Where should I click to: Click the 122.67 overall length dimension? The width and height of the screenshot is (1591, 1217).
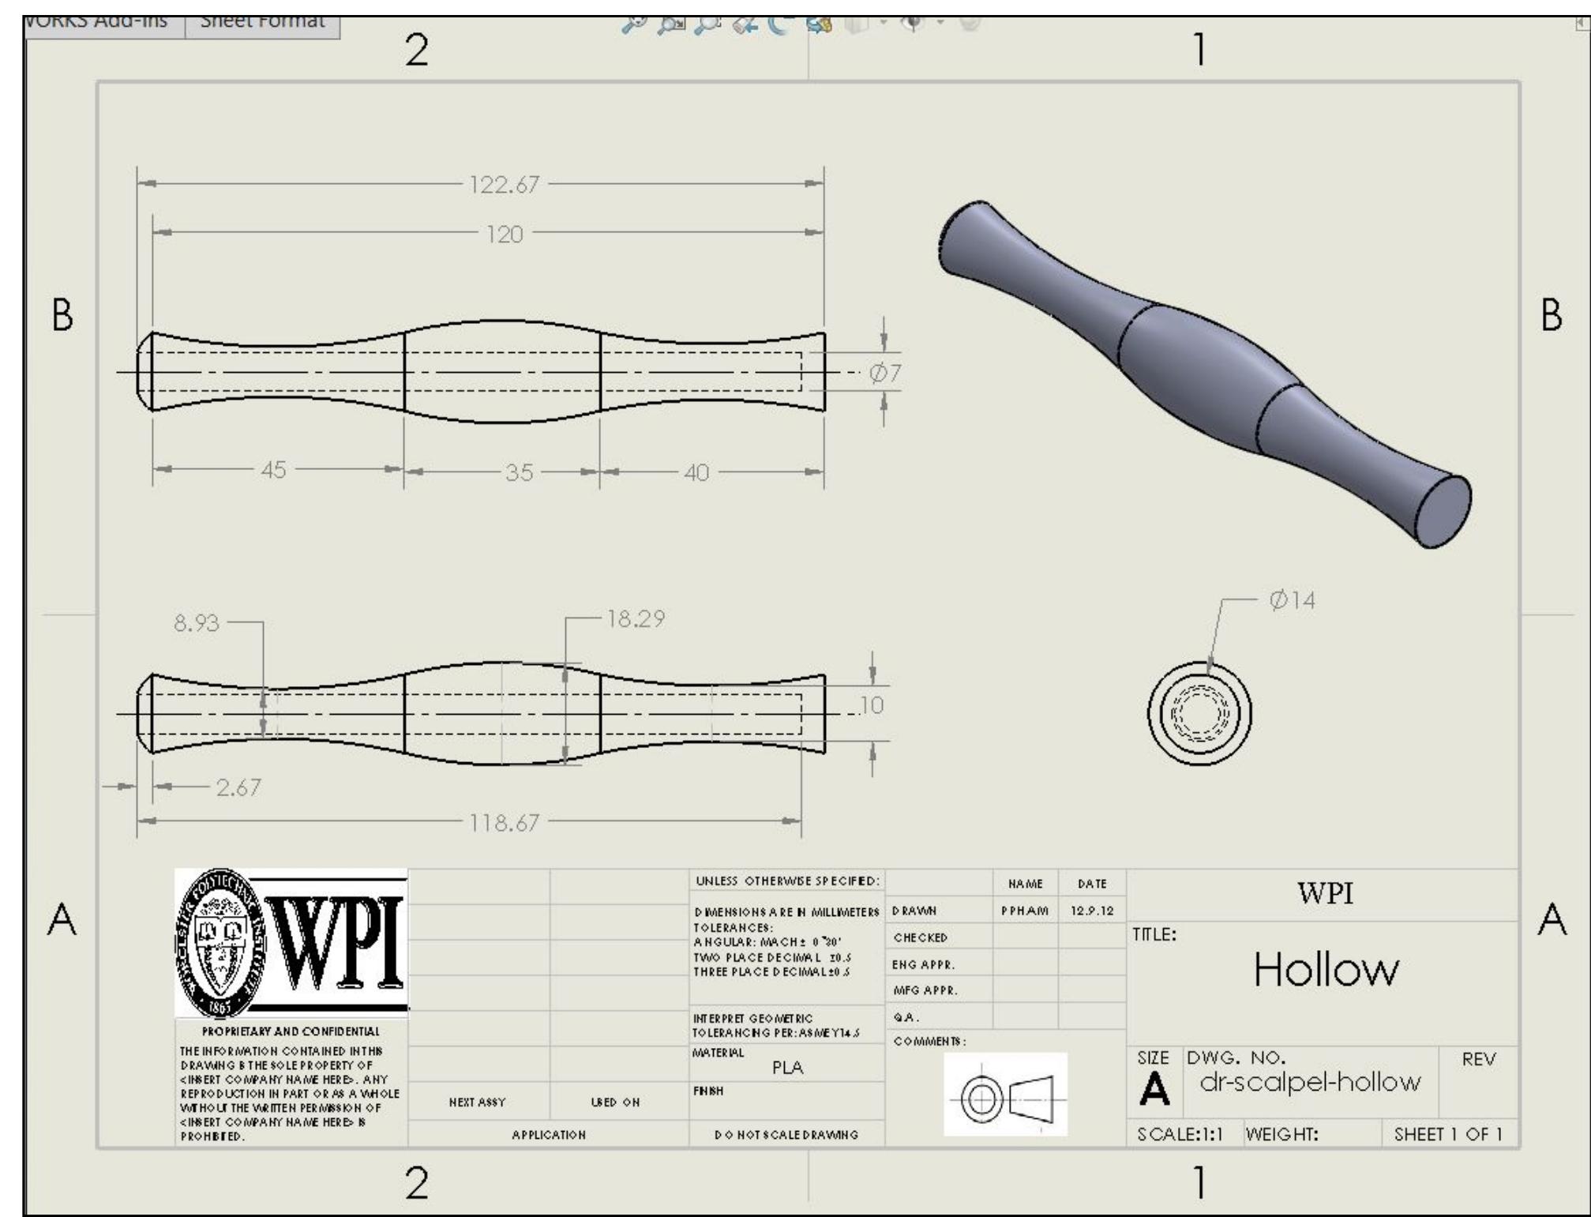504,185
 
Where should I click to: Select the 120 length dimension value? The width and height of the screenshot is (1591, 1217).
504,235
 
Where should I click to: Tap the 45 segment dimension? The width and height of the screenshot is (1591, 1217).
273,470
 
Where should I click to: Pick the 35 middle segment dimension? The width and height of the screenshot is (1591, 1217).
519,472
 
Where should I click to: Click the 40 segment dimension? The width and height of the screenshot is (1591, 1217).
696,473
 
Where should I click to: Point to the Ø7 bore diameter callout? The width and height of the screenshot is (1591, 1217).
884,373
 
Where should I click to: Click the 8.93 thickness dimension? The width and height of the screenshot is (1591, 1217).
196,623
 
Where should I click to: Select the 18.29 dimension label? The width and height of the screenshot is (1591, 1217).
635,619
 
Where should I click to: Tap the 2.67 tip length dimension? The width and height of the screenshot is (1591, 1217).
238,787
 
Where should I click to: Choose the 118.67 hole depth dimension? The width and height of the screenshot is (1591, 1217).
504,823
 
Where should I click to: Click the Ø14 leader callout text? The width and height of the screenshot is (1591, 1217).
1292,600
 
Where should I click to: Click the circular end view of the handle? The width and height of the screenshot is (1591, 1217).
1199,713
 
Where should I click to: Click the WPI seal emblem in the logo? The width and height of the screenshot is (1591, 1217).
223,942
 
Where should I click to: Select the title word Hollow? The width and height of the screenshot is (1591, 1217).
1326,969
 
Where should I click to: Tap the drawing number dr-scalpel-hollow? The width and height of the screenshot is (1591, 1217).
1310,1082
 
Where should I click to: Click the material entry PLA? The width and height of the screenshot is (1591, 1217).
787,1068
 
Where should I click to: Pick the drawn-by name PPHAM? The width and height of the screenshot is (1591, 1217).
1024,911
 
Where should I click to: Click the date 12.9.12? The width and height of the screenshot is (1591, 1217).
1091,911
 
